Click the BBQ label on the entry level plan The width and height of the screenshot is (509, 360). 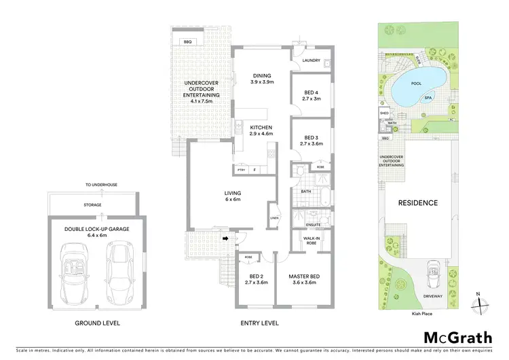click(x=187, y=42)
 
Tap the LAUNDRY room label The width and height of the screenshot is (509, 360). click(x=312, y=60)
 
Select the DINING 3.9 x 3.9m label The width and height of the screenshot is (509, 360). click(x=262, y=79)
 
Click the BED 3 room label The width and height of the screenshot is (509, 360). click(x=311, y=140)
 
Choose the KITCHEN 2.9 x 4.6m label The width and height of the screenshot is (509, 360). click(x=261, y=131)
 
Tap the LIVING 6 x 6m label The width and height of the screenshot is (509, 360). click(x=233, y=197)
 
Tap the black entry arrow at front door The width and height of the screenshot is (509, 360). click(x=224, y=238)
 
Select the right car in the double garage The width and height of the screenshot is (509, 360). click(x=119, y=273)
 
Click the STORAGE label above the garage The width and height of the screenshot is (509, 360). click(x=92, y=204)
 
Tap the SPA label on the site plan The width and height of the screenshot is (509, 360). click(x=428, y=98)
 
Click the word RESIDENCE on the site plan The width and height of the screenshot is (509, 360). click(x=417, y=202)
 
